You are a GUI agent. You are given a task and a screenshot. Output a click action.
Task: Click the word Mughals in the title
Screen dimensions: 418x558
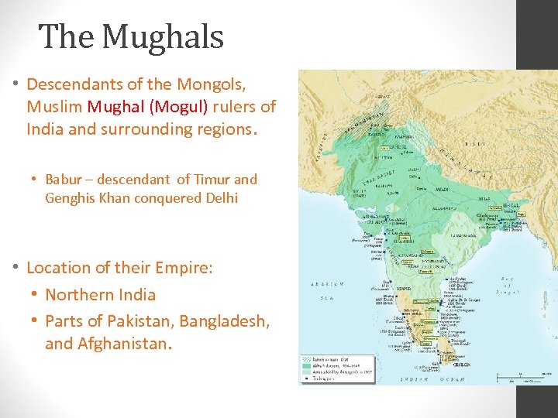click(x=163, y=36)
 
